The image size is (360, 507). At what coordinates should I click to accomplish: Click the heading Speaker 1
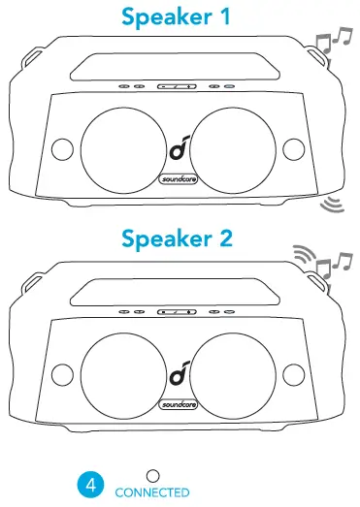180,16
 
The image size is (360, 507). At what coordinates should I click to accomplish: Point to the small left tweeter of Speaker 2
61,373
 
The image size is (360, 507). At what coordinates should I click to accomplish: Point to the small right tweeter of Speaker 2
295,373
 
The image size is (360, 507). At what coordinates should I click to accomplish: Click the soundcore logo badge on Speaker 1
179,180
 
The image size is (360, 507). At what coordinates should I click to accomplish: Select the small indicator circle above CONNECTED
151,476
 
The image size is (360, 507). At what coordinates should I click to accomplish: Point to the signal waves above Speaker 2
308,258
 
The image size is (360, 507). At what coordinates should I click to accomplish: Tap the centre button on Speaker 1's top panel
178,86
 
